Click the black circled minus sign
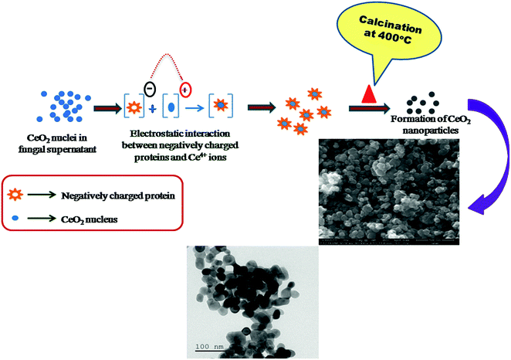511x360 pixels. pyautogui.click(x=151, y=78)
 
